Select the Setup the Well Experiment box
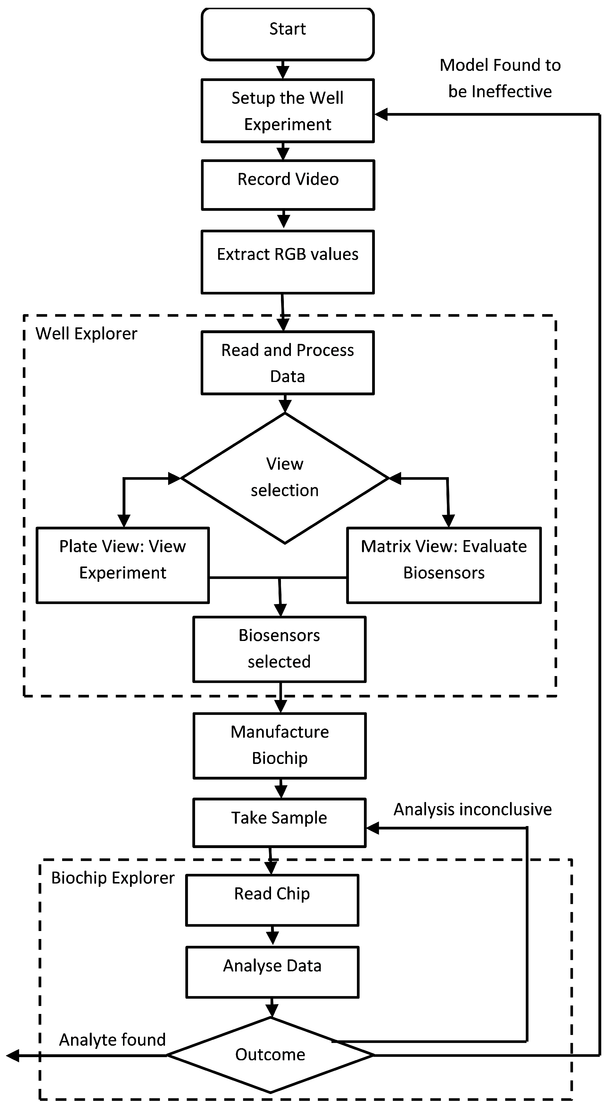point(288,111)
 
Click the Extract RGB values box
point(288,262)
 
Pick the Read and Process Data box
point(288,363)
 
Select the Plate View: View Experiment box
point(123,565)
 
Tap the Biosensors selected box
point(279,649)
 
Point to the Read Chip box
point(272,900)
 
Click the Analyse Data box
point(272,972)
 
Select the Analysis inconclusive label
point(472,809)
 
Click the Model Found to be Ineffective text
point(500,78)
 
